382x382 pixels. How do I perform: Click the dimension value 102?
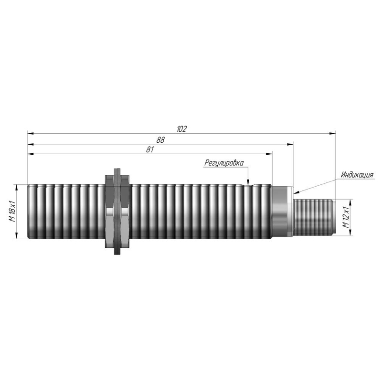click(x=182, y=129)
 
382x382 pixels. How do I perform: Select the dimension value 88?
click(x=160, y=140)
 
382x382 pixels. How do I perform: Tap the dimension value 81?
click(x=150, y=149)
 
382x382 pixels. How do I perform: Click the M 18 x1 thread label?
click(x=12, y=211)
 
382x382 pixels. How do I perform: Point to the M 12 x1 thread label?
click(x=346, y=217)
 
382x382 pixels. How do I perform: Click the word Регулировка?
click(x=224, y=163)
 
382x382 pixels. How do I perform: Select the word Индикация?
click(x=357, y=175)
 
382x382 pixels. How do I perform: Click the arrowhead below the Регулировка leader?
click(x=248, y=182)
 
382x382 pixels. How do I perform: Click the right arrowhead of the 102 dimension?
click(x=332, y=133)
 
